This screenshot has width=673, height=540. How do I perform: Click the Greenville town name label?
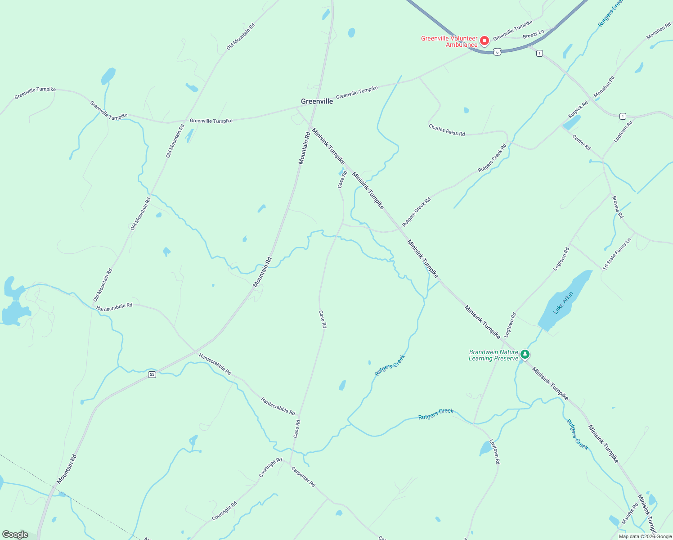point(317,101)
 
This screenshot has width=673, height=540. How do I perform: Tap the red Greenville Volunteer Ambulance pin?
point(485,41)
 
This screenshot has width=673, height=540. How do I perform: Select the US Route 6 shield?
point(497,52)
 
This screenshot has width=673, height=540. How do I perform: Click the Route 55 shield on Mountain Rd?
point(152,374)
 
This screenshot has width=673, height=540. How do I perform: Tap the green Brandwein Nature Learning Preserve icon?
point(525,355)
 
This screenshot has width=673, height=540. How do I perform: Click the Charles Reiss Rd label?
point(447,130)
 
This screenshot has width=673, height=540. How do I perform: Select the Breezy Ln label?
point(534,34)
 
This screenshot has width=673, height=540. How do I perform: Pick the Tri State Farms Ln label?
point(617,254)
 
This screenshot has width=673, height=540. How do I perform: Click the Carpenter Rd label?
point(303,477)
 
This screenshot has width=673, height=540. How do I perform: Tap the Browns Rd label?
point(618,207)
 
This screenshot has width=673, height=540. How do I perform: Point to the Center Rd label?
point(581,142)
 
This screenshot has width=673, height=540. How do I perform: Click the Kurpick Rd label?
point(578,109)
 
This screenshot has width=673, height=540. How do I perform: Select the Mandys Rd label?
point(630,513)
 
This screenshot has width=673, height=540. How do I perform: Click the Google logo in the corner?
point(15,535)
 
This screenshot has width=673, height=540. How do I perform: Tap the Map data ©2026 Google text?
point(645,536)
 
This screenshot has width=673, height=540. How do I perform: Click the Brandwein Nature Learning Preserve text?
point(494,355)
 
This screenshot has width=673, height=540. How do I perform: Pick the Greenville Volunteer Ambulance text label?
point(449,41)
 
